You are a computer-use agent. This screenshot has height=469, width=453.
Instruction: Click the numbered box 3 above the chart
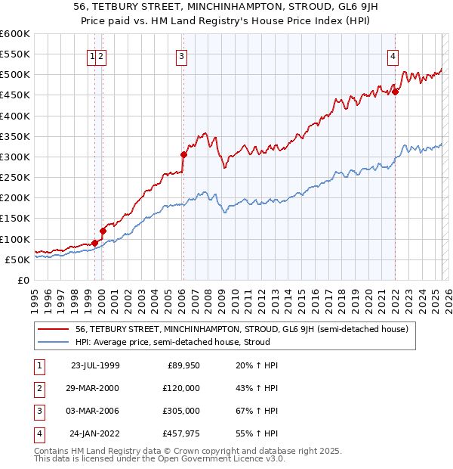[x=183, y=55]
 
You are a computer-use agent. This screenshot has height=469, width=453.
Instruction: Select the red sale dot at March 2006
[x=183, y=154]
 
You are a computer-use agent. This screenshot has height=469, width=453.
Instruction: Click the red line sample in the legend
[x=54, y=329]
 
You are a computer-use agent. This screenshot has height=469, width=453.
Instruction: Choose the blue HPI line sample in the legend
[x=54, y=343]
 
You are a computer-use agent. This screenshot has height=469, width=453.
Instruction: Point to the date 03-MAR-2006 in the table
[x=94, y=411]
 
